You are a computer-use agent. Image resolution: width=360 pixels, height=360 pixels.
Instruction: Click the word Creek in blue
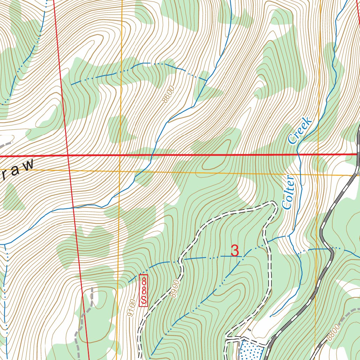tap(300, 130)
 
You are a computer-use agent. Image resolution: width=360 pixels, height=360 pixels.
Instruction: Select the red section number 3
tap(235, 251)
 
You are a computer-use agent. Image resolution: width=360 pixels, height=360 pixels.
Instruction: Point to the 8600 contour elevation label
tap(168, 94)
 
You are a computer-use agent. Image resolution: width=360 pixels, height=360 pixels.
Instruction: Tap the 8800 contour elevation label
tap(334, 332)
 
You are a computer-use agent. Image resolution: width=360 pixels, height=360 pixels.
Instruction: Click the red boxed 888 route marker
tap(143, 290)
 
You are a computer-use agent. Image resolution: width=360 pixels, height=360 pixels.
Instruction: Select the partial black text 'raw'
tap(18, 169)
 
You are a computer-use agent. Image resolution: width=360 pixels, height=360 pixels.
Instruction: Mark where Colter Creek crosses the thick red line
tap(297, 154)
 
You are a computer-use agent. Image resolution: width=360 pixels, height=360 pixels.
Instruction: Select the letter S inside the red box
tap(143, 300)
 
